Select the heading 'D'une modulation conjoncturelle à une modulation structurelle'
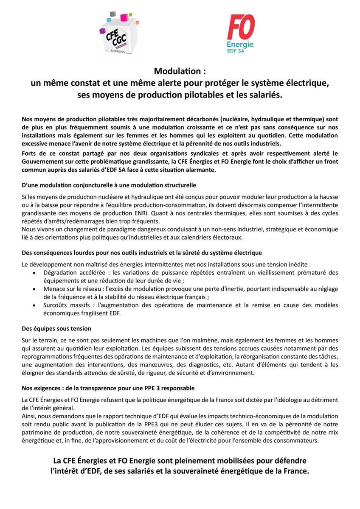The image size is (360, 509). coord(109,186)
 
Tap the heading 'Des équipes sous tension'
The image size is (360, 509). coord(56,328)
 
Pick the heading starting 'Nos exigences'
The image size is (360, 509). coord(108,388)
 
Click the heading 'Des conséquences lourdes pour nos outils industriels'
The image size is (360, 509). coord(142,253)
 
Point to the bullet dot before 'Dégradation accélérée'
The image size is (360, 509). coord(34,273)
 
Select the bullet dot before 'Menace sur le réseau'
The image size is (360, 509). coord(34,289)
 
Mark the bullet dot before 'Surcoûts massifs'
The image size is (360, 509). coord(34,305)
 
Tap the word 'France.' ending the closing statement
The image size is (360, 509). coord(295,471)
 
